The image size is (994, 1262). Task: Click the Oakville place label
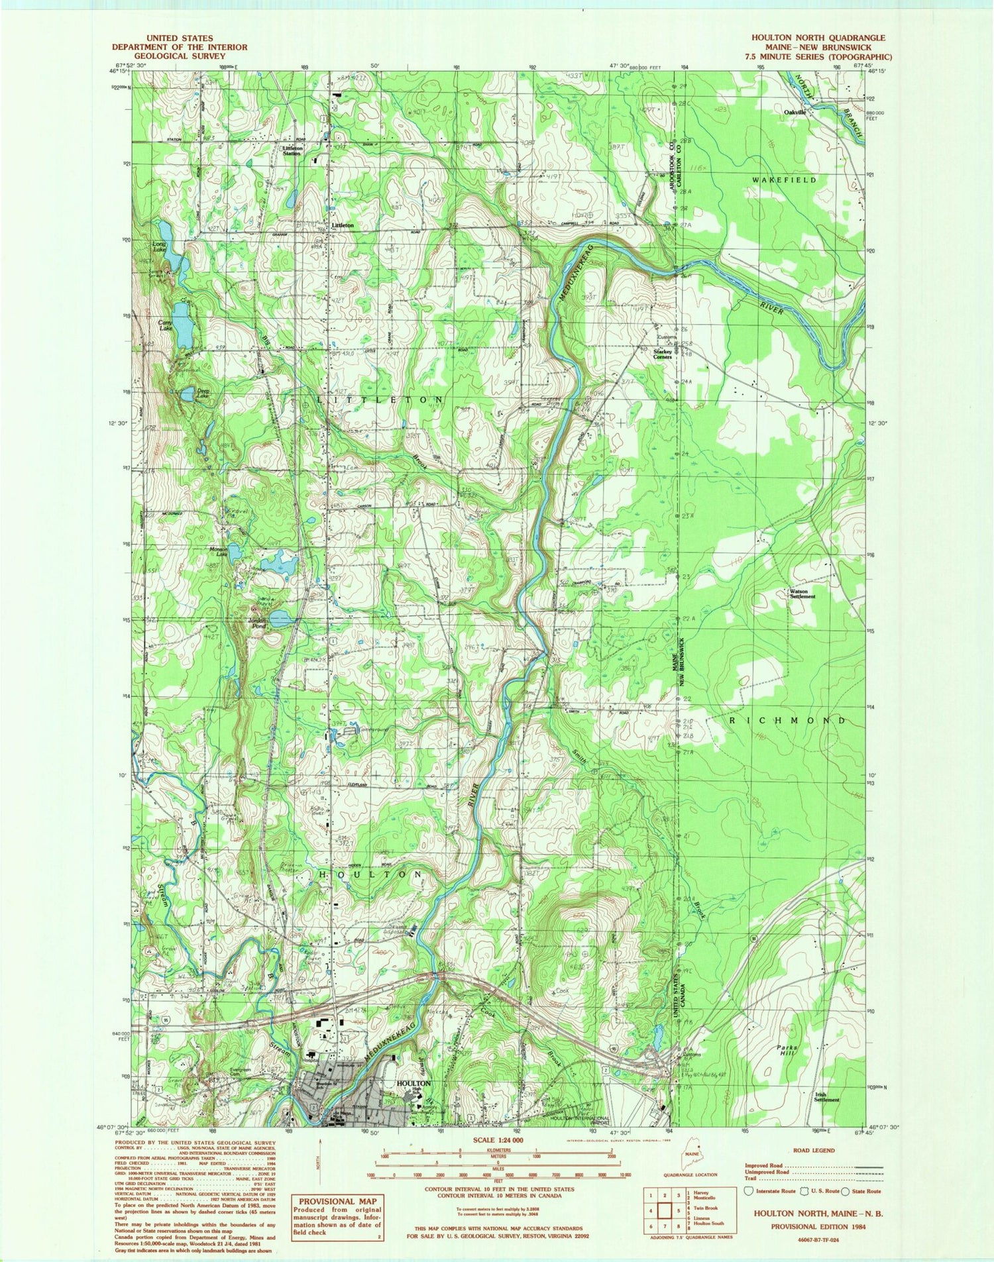click(795, 113)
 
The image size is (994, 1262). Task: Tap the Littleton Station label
click(292, 150)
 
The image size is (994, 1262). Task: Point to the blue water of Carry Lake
click(184, 326)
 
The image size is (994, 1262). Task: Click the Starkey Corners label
click(663, 354)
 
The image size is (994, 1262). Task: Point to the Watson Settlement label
click(802, 594)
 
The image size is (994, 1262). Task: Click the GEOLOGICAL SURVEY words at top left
click(180, 56)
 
